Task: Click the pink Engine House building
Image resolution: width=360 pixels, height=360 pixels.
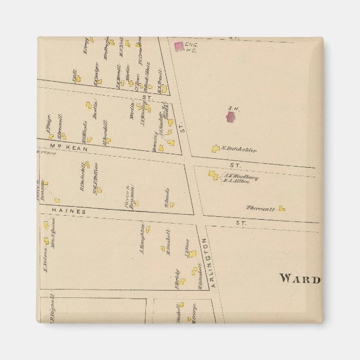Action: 179,47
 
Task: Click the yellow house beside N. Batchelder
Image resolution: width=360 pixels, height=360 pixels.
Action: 216,149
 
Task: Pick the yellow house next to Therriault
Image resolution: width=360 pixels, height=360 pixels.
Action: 282,209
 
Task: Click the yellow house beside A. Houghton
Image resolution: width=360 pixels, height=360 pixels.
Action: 148,229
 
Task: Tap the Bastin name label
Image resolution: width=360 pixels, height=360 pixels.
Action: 96,110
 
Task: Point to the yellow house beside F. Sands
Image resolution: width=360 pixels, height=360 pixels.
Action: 172,205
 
